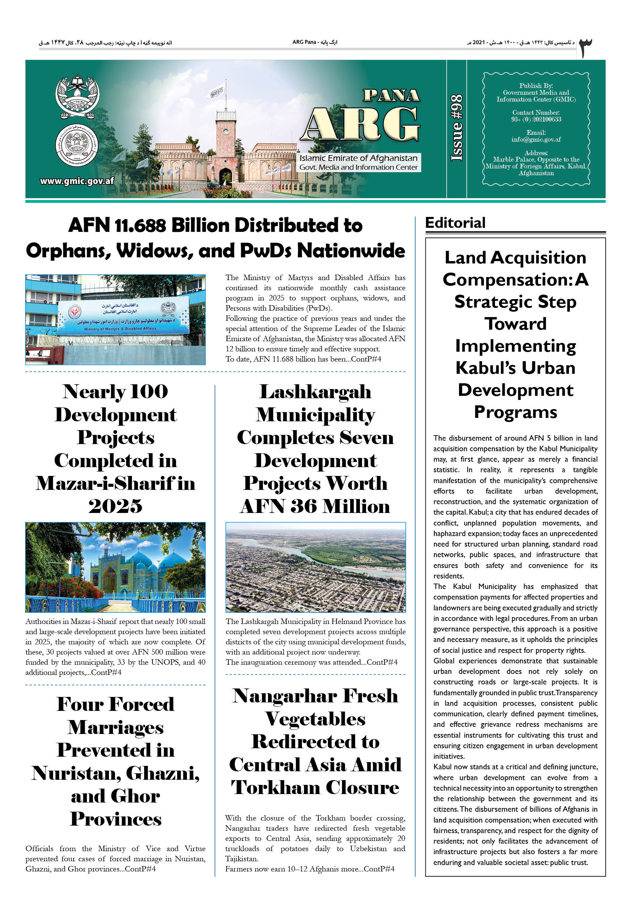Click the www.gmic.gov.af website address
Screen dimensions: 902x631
77,181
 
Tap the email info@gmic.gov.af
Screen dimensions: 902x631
536,140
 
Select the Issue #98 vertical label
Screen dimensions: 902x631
457,128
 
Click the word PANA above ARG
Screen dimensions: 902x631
391,95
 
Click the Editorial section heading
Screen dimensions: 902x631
455,223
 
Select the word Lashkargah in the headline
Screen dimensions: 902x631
315,392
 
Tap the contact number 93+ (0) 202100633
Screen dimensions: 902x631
536,119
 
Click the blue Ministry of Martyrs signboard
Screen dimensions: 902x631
123,316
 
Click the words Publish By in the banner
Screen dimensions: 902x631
536,86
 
